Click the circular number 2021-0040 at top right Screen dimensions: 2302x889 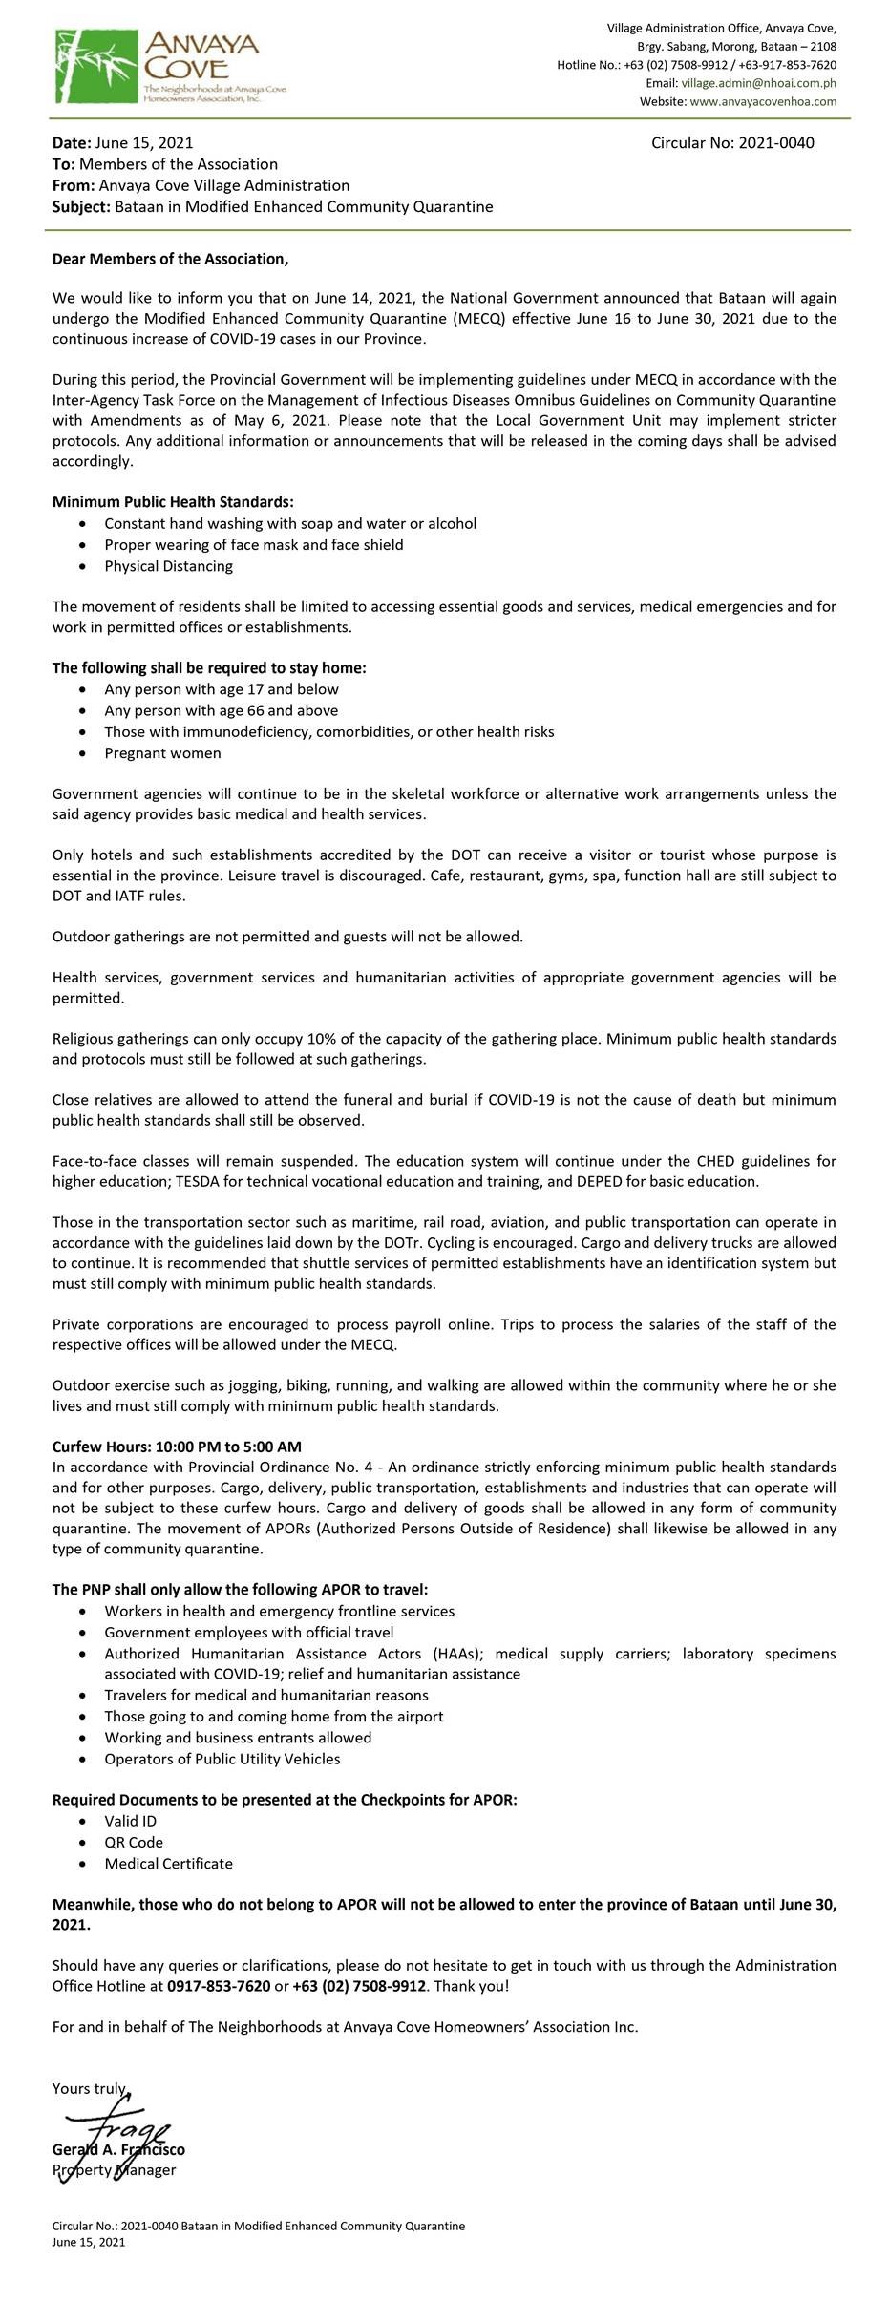[x=732, y=143]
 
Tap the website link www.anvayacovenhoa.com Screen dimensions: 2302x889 [x=763, y=101]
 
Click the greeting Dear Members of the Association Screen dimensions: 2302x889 [x=170, y=260]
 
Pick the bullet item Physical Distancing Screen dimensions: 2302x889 [x=168, y=566]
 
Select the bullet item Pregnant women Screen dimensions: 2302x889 [x=162, y=753]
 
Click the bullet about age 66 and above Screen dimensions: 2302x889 [x=221, y=710]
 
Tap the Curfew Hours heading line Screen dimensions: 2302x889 [x=177, y=1447]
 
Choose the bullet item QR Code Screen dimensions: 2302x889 [x=134, y=1842]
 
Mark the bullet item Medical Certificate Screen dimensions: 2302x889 [x=168, y=1863]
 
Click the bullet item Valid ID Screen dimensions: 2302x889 [x=130, y=1821]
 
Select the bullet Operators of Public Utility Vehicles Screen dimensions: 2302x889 [x=222, y=1759]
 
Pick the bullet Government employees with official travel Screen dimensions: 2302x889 [x=248, y=1633]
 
